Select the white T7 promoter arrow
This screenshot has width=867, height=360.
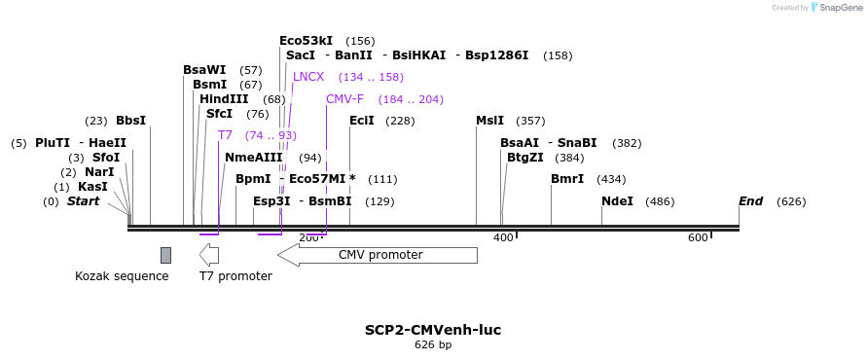pyautogui.click(x=209, y=255)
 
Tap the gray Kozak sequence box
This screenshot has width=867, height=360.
pyautogui.click(x=165, y=255)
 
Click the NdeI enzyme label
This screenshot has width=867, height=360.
pyautogui.click(x=617, y=201)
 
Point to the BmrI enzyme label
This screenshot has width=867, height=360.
pyautogui.click(x=567, y=179)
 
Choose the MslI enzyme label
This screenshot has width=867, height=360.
pyautogui.click(x=489, y=121)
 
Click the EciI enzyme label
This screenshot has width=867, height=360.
pyautogui.click(x=361, y=121)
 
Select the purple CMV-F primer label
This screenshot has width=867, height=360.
pyautogui.click(x=344, y=99)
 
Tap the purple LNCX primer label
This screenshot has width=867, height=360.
pyautogui.click(x=308, y=77)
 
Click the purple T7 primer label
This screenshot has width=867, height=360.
pyautogui.click(x=225, y=135)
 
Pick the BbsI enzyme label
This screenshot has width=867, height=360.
pyautogui.click(x=130, y=121)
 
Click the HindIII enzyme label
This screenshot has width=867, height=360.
pyautogui.click(x=224, y=99)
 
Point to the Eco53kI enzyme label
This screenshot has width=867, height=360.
pyautogui.click(x=306, y=41)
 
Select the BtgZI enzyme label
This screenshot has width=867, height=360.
pyautogui.click(x=525, y=158)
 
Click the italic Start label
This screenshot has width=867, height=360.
pyautogui.click(x=83, y=201)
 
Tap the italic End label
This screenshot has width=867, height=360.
pyautogui.click(x=750, y=201)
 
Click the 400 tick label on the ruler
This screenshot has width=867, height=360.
pyautogui.click(x=503, y=238)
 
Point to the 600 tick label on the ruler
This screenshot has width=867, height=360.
pyautogui.click(x=698, y=238)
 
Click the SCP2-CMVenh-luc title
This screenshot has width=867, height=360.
pyautogui.click(x=433, y=330)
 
